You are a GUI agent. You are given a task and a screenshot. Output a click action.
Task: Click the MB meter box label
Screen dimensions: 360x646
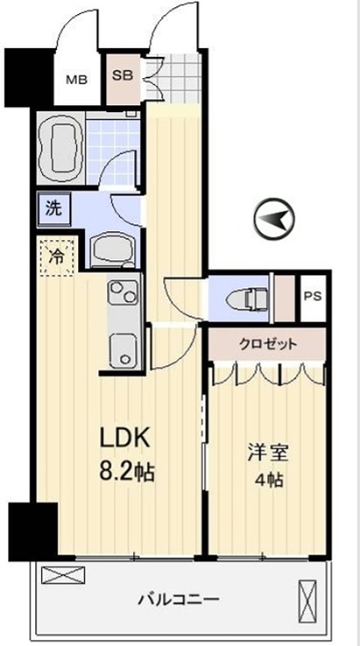click(77, 80)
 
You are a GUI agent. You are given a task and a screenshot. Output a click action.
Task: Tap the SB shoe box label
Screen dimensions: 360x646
click(124, 75)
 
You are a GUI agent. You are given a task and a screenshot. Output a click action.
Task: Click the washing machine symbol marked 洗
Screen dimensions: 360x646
click(54, 209)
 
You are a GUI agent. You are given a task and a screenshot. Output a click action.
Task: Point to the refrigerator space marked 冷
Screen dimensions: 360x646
click(57, 257)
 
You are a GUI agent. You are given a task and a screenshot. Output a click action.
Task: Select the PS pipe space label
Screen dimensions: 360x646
click(313, 296)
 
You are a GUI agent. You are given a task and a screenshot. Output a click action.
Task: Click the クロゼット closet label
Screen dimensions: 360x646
click(268, 344)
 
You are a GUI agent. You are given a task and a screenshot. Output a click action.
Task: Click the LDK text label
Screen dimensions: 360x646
click(125, 439)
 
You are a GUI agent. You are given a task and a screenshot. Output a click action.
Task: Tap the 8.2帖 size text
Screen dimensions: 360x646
click(126, 472)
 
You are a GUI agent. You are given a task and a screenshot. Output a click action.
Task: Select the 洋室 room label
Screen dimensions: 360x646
click(268, 453)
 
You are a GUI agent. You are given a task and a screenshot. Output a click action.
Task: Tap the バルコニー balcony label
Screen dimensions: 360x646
click(178, 598)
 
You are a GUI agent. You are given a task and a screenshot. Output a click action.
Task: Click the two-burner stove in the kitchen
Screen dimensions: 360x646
click(124, 292)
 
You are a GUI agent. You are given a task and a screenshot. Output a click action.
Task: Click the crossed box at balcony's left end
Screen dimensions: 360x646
click(63, 575)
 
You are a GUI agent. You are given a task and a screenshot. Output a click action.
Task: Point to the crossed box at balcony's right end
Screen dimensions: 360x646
click(307, 598)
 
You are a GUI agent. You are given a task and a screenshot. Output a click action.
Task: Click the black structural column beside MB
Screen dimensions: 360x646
click(29, 77)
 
